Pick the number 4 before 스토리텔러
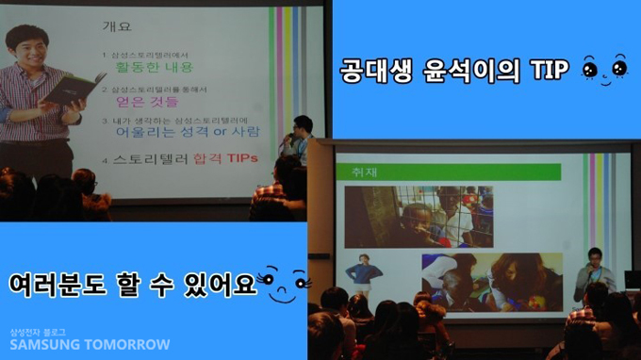click(105, 159)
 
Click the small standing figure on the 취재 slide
click(363, 273)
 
